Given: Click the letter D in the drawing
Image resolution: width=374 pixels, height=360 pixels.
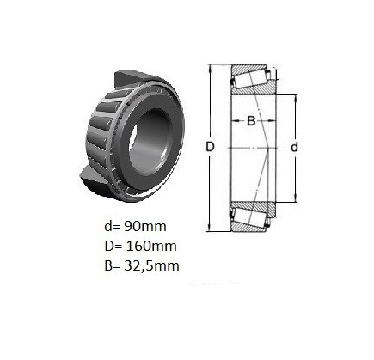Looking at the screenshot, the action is click(210, 147).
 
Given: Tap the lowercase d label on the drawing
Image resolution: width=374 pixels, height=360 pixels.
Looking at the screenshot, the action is click(294, 147).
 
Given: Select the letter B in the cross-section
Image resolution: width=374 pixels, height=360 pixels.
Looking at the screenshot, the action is click(251, 121).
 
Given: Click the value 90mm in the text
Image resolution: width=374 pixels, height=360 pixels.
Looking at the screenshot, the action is click(145, 226).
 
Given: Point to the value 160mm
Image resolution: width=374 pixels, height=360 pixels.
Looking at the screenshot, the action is click(150, 246).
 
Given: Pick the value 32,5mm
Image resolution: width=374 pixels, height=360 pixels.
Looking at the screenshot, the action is click(151, 266).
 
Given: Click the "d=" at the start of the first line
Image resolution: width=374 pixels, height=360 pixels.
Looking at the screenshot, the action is click(113, 226).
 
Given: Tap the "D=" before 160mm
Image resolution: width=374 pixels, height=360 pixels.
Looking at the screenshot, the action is click(113, 246).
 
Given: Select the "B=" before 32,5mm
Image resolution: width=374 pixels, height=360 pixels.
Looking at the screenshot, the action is click(113, 266).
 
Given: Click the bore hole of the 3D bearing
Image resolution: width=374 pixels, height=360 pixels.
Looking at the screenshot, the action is click(151, 143).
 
